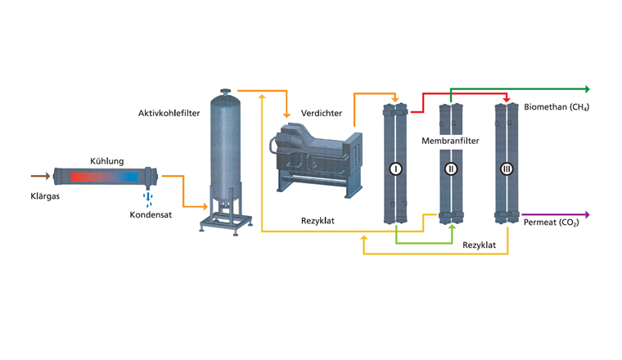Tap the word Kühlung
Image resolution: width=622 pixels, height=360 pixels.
pos(106,162)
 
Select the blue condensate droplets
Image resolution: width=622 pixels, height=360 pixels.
pos(147,198)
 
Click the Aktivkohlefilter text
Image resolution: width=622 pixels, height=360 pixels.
pos(165,110)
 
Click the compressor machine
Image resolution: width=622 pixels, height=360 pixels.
pos(315,155)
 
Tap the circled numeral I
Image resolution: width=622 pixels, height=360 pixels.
pos(395,169)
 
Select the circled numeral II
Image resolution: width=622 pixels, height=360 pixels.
pos(451,169)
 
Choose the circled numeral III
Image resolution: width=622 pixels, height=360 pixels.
pos(506,169)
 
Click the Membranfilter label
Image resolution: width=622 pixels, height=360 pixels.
pos(450,141)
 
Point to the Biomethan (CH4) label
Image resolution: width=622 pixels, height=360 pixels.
pos(557,107)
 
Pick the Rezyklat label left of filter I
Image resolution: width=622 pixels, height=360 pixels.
pos(316,221)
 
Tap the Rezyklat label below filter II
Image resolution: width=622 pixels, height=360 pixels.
pos(479,245)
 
